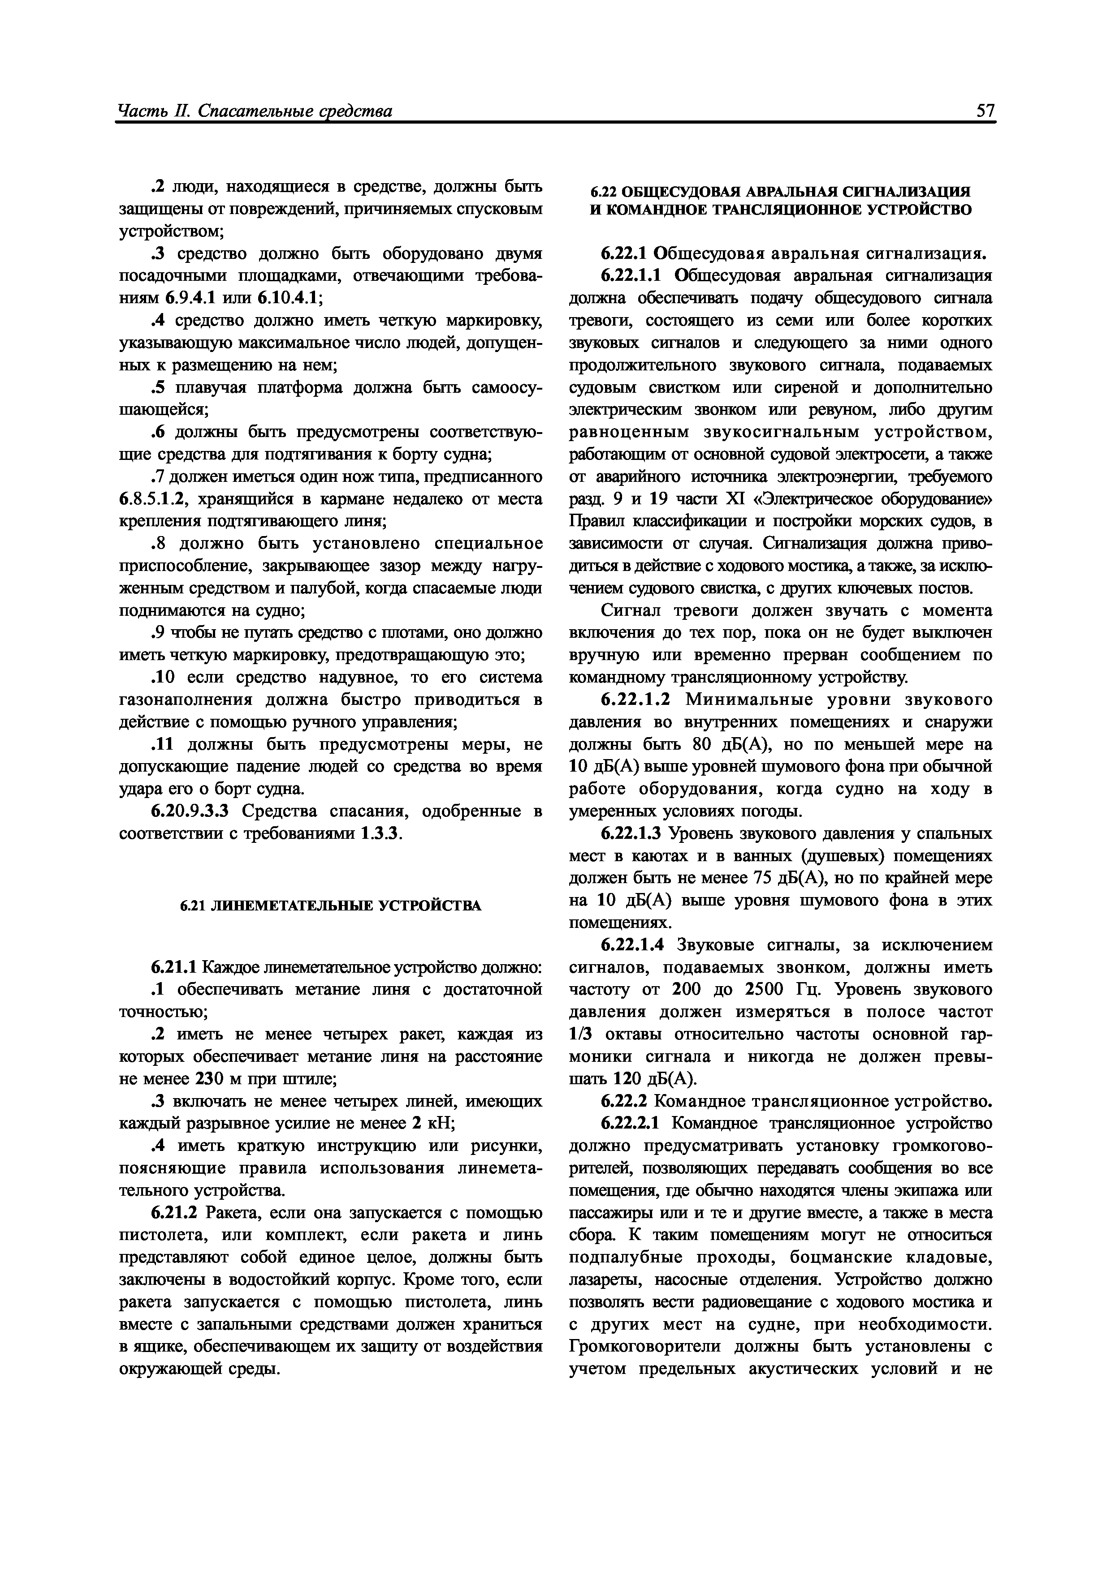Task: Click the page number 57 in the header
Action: click(x=986, y=110)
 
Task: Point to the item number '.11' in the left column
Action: click(x=165, y=744)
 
